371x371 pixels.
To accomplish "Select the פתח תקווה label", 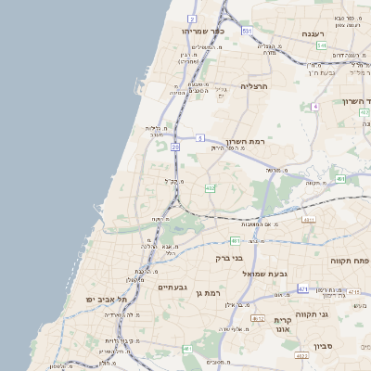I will click(349, 262).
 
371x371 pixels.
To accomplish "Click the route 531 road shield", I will click(247, 32).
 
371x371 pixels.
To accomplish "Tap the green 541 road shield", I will click(320, 45).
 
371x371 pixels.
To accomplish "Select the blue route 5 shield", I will click(199, 138).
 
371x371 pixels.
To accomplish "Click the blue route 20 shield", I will click(176, 147).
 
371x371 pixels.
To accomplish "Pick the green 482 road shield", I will click(211, 188).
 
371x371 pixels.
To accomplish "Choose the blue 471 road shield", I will click(303, 290).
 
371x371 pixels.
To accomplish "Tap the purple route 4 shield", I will click(315, 107).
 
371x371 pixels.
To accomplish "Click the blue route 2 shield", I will click(192, 19).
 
